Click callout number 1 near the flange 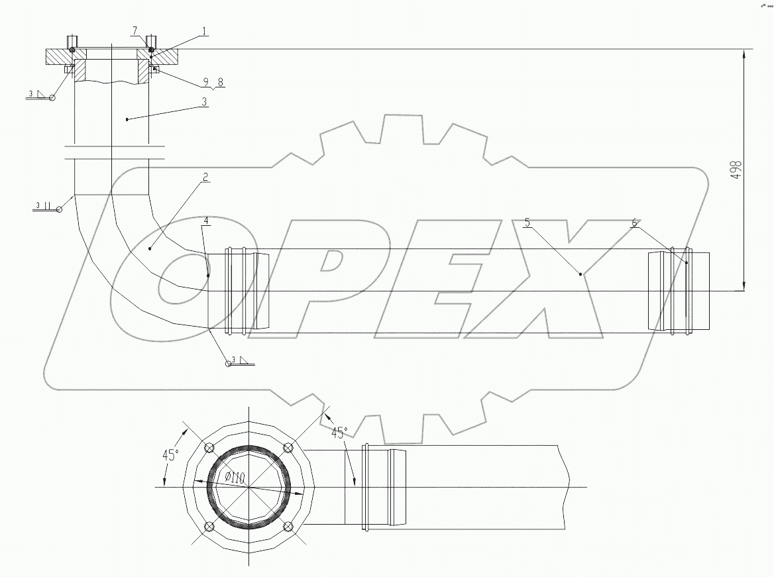205,30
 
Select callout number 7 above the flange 135,31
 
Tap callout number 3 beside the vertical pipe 205,102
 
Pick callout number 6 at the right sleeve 634,223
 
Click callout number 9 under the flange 209,83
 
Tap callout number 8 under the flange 221,83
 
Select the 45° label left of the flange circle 170,455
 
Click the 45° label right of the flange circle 339,433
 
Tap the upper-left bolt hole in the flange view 209,447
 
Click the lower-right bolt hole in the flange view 288,527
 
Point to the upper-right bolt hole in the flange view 288,447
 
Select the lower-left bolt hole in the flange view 209,527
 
